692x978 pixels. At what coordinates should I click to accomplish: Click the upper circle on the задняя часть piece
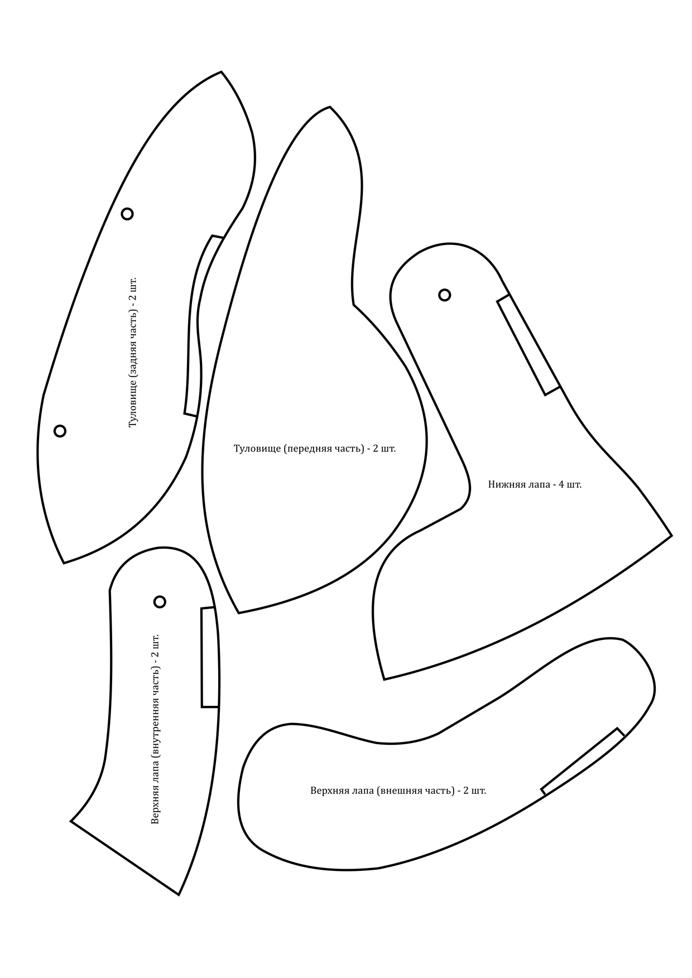pyautogui.click(x=127, y=214)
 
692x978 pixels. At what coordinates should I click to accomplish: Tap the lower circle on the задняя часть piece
pyautogui.click(x=60, y=431)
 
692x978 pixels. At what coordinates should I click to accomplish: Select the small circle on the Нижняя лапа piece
pyautogui.click(x=444, y=295)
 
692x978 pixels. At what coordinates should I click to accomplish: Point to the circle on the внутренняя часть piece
pyautogui.click(x=160, y=601)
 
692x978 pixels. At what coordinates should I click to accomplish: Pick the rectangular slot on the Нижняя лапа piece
pyautogui.click(x=528, y=345)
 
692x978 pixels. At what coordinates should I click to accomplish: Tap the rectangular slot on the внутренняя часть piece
pyautogui.click(x=210, y=657)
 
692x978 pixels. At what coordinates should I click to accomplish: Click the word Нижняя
pyautogui.click(x=506, y=484)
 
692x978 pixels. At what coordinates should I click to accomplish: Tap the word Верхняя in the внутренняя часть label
pyautogui.click(x=156, y=806)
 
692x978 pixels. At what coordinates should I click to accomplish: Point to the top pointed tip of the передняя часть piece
pyautogui.click(x=330, y=107)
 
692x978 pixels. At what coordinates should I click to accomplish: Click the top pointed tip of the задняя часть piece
pyautogui.click(x=222, y=72)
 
